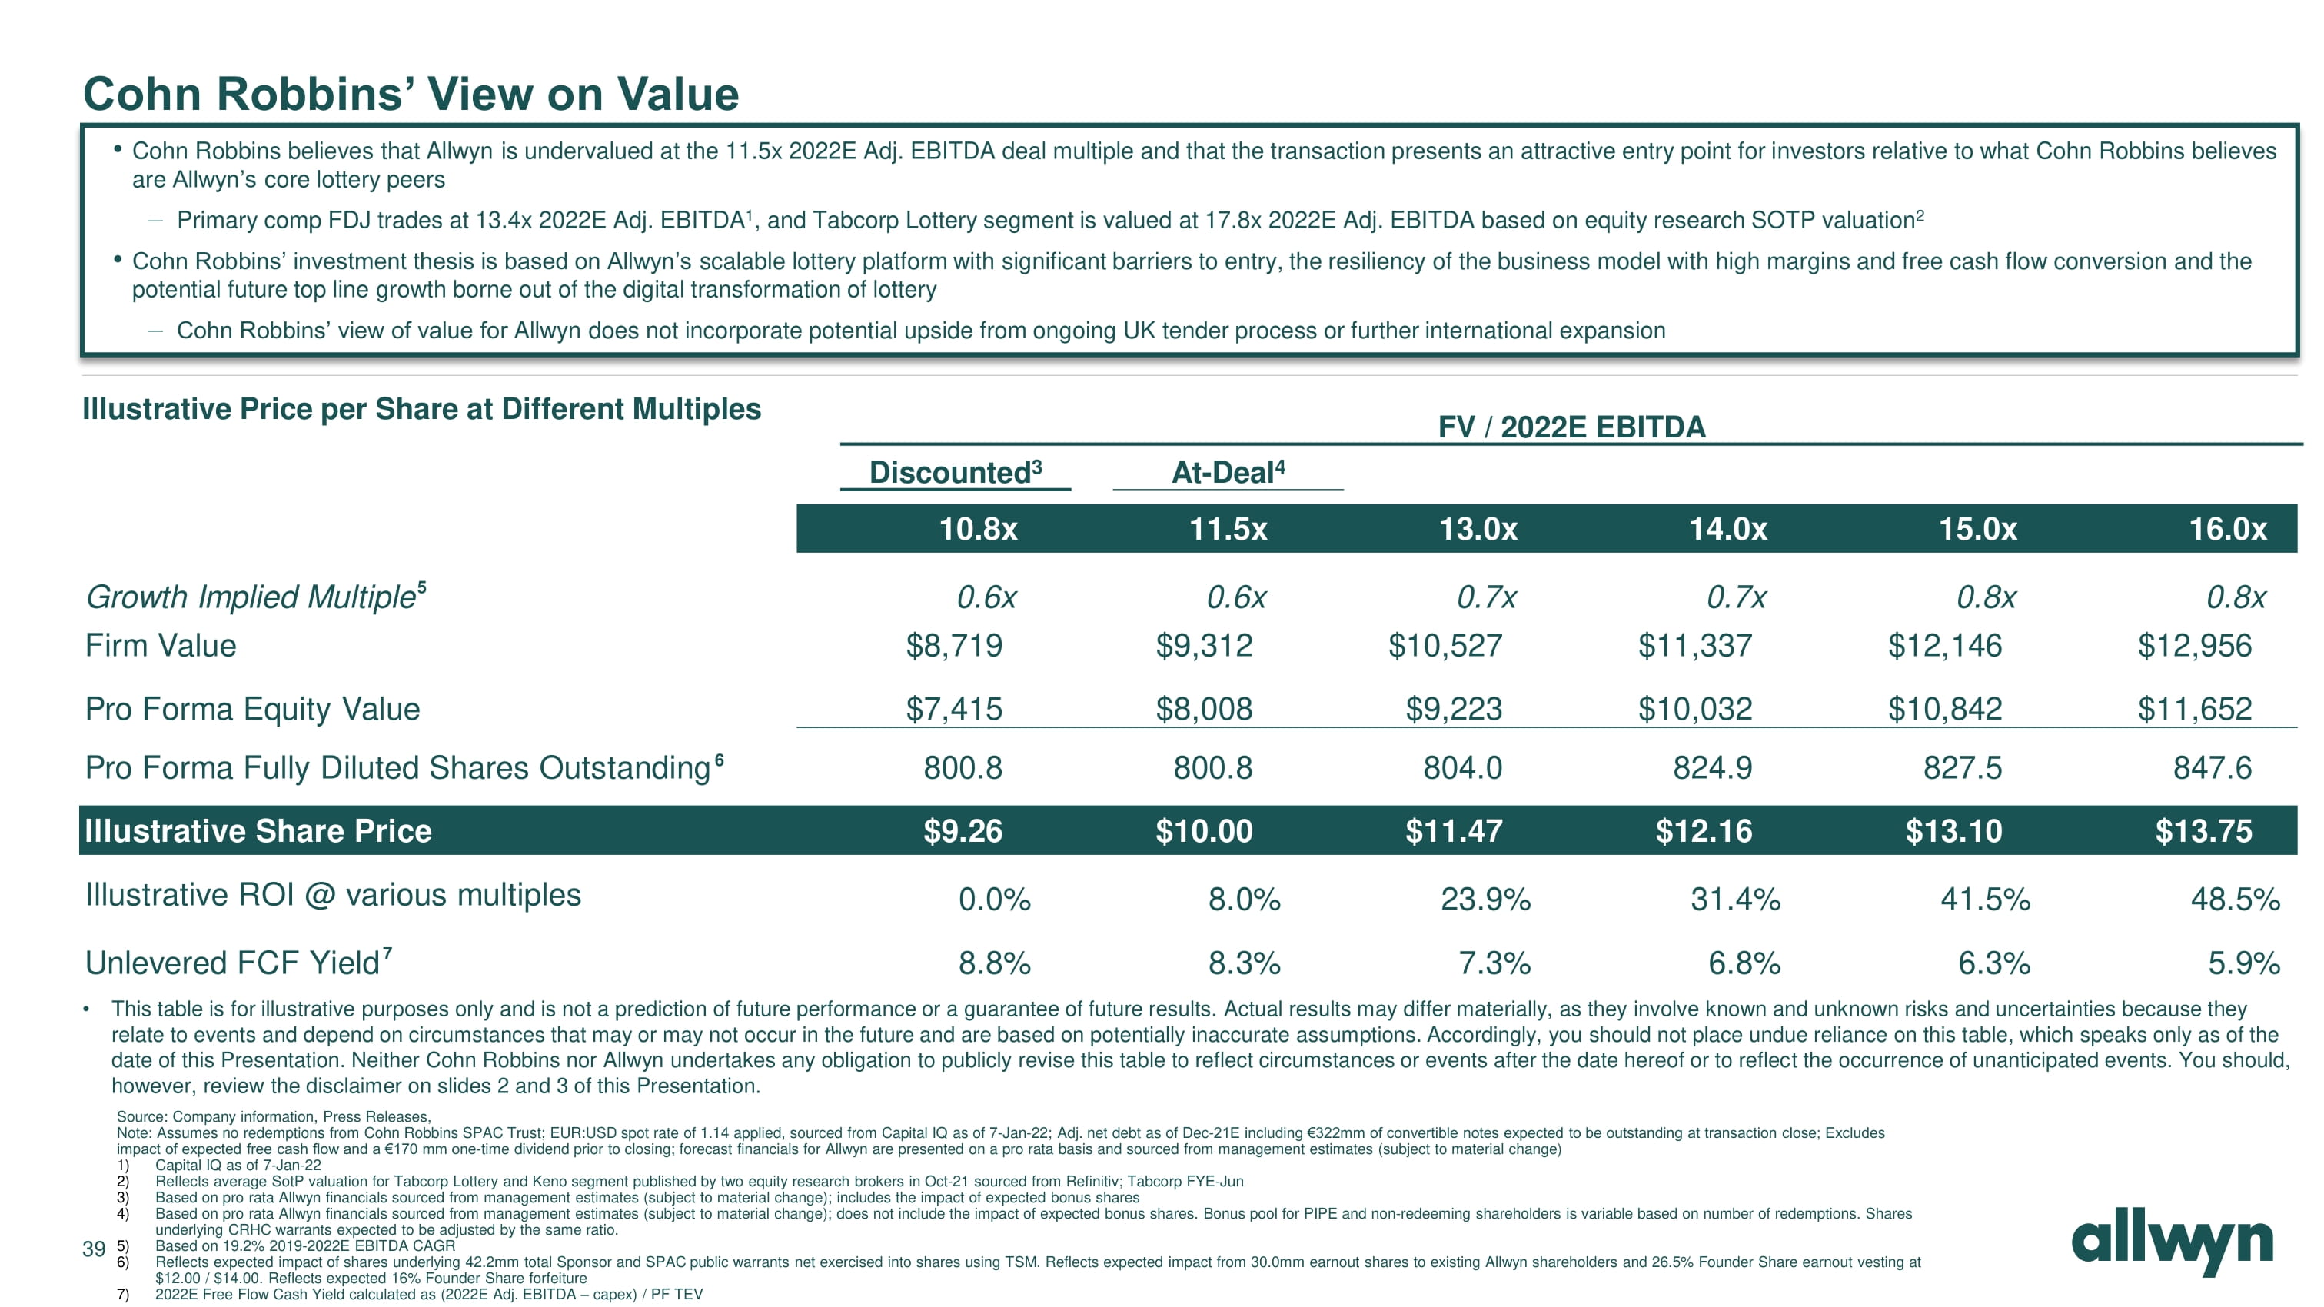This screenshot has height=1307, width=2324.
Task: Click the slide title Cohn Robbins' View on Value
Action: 411,94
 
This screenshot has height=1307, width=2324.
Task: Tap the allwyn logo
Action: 2172,1244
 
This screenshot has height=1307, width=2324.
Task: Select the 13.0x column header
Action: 1478,529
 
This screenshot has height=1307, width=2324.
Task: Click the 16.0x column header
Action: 2227,529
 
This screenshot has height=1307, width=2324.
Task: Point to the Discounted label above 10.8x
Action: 955,472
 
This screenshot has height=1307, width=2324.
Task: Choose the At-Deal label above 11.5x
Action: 1228,472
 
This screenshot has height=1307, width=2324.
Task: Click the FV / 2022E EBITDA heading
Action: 1571,427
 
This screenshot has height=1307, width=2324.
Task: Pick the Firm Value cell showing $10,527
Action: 1445,646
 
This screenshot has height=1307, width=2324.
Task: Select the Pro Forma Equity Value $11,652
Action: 2194,709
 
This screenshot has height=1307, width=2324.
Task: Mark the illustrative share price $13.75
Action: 2203,831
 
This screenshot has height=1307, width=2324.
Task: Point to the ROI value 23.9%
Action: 1485,900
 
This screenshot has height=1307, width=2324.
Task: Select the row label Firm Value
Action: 161,646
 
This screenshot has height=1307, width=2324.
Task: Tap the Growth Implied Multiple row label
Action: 255,597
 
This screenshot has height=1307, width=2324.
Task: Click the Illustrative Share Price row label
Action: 258,831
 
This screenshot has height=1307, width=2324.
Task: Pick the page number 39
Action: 94,1249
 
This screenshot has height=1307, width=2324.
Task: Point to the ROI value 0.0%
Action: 994,900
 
